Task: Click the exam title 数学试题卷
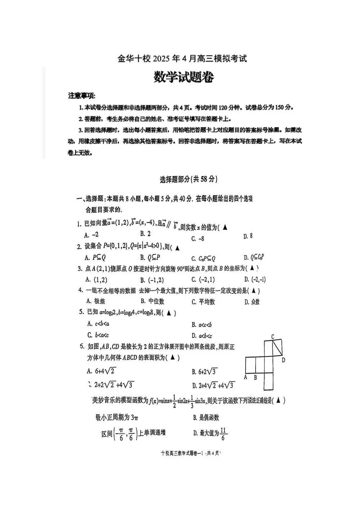184,77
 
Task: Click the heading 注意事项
82,96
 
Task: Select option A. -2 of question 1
91,235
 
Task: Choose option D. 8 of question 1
248,236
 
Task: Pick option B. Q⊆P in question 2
150,257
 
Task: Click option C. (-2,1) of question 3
203,279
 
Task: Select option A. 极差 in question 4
96,301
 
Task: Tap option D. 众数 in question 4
252,302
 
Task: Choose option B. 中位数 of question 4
153,301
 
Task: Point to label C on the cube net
273,337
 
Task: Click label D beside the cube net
283,360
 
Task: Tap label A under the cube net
246,377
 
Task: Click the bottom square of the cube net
273,382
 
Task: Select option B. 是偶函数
206,418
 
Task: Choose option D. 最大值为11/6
210,433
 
